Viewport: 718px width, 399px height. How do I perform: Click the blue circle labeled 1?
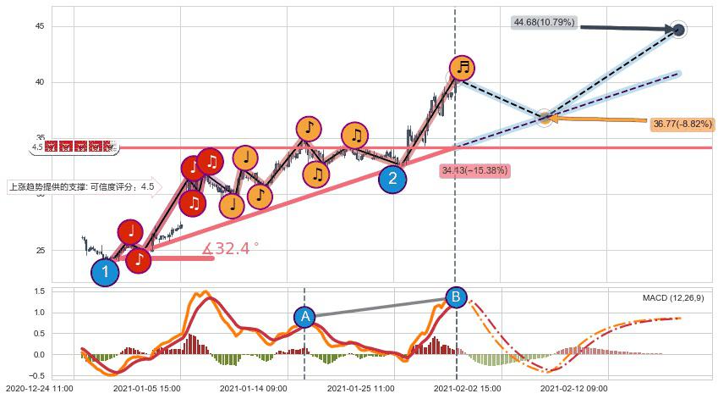coord(105,272)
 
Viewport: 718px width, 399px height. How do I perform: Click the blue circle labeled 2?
coord(392,179)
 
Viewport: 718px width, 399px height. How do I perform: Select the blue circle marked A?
coord(304,317)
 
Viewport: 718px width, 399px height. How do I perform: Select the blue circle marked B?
coord(456,297)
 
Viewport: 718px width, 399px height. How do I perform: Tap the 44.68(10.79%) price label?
coord(544,21)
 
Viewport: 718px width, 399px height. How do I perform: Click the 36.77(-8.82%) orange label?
coord(682,124)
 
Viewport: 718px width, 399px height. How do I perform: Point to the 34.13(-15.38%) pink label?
coord(474,170)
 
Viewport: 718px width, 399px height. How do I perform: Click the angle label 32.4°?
coord(231,248)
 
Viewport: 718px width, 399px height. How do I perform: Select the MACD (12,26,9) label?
coord(673,298)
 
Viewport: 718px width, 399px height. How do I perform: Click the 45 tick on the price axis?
coord(38,26)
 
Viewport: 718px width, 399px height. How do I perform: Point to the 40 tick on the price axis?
coord(38,82)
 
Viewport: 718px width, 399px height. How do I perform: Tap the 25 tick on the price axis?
coord(38,251)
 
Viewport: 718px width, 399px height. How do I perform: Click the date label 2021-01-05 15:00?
coord(145,388)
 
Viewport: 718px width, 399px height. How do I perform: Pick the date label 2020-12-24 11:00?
coord(36,388)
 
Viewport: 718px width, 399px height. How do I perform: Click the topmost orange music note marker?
coord(462,68)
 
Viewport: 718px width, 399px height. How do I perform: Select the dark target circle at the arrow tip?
coord(678,30)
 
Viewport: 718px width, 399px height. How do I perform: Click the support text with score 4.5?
coord(81,187)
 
